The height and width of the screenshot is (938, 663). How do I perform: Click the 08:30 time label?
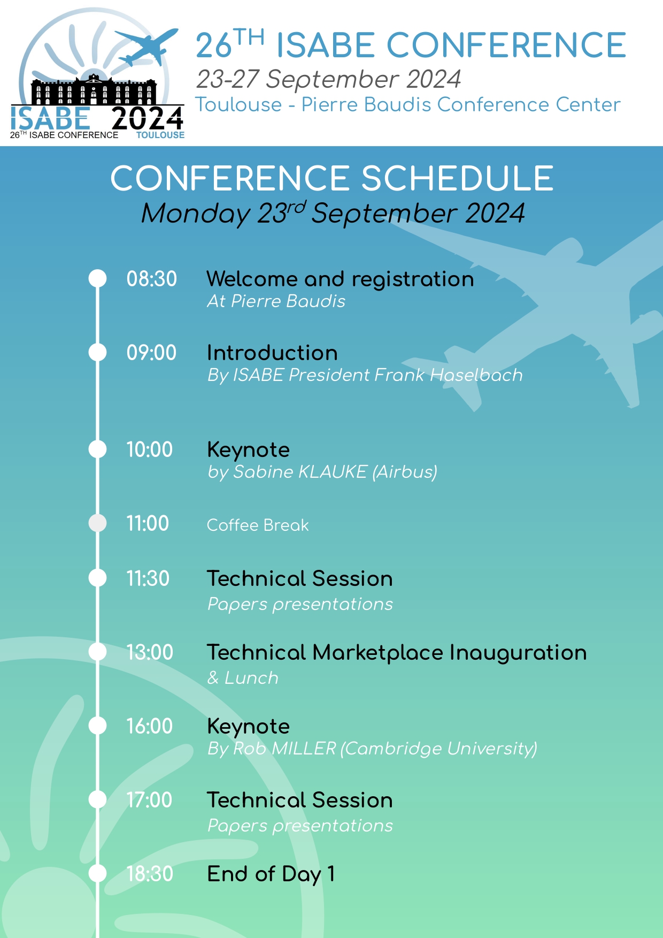151,279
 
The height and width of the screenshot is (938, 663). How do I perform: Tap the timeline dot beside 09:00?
97,352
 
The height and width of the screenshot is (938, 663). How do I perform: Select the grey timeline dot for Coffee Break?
97,523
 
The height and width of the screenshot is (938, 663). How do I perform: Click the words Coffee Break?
258,525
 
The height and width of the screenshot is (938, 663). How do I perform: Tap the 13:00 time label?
150,652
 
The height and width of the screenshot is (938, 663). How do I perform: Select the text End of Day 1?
271,874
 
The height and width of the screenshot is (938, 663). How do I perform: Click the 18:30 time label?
150,874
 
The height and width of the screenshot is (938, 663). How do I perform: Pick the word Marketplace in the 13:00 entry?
377,652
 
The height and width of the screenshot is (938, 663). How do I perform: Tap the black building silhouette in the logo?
94,91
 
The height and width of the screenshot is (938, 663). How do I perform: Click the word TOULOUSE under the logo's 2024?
160,135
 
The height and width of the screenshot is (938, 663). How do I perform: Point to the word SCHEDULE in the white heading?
457,178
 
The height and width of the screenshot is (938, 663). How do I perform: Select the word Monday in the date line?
195,213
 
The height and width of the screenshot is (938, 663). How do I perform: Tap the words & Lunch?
243,678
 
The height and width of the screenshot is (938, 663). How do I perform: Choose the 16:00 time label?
149,726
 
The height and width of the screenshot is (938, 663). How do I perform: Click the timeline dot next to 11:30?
97,578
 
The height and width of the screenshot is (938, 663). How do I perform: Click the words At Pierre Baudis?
276,301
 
